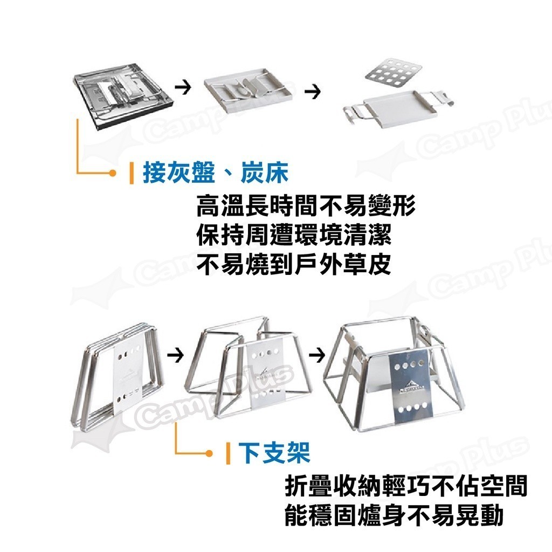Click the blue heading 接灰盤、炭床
point(216,173)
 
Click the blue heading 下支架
point(274,452)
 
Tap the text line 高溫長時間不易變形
point(306,205)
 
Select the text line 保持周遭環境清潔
point(294,234)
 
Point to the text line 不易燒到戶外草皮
point(294,264)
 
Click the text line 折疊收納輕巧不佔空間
point(405,486)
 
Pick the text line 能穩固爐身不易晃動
point(394,515)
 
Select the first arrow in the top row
point(183,87)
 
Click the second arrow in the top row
point(313,92)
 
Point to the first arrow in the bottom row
point(175,355)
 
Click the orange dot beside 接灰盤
point(112,173)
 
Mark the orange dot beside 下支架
point(209,453)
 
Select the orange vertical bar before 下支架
point(228,453)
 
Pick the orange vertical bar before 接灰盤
point(132,173)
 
